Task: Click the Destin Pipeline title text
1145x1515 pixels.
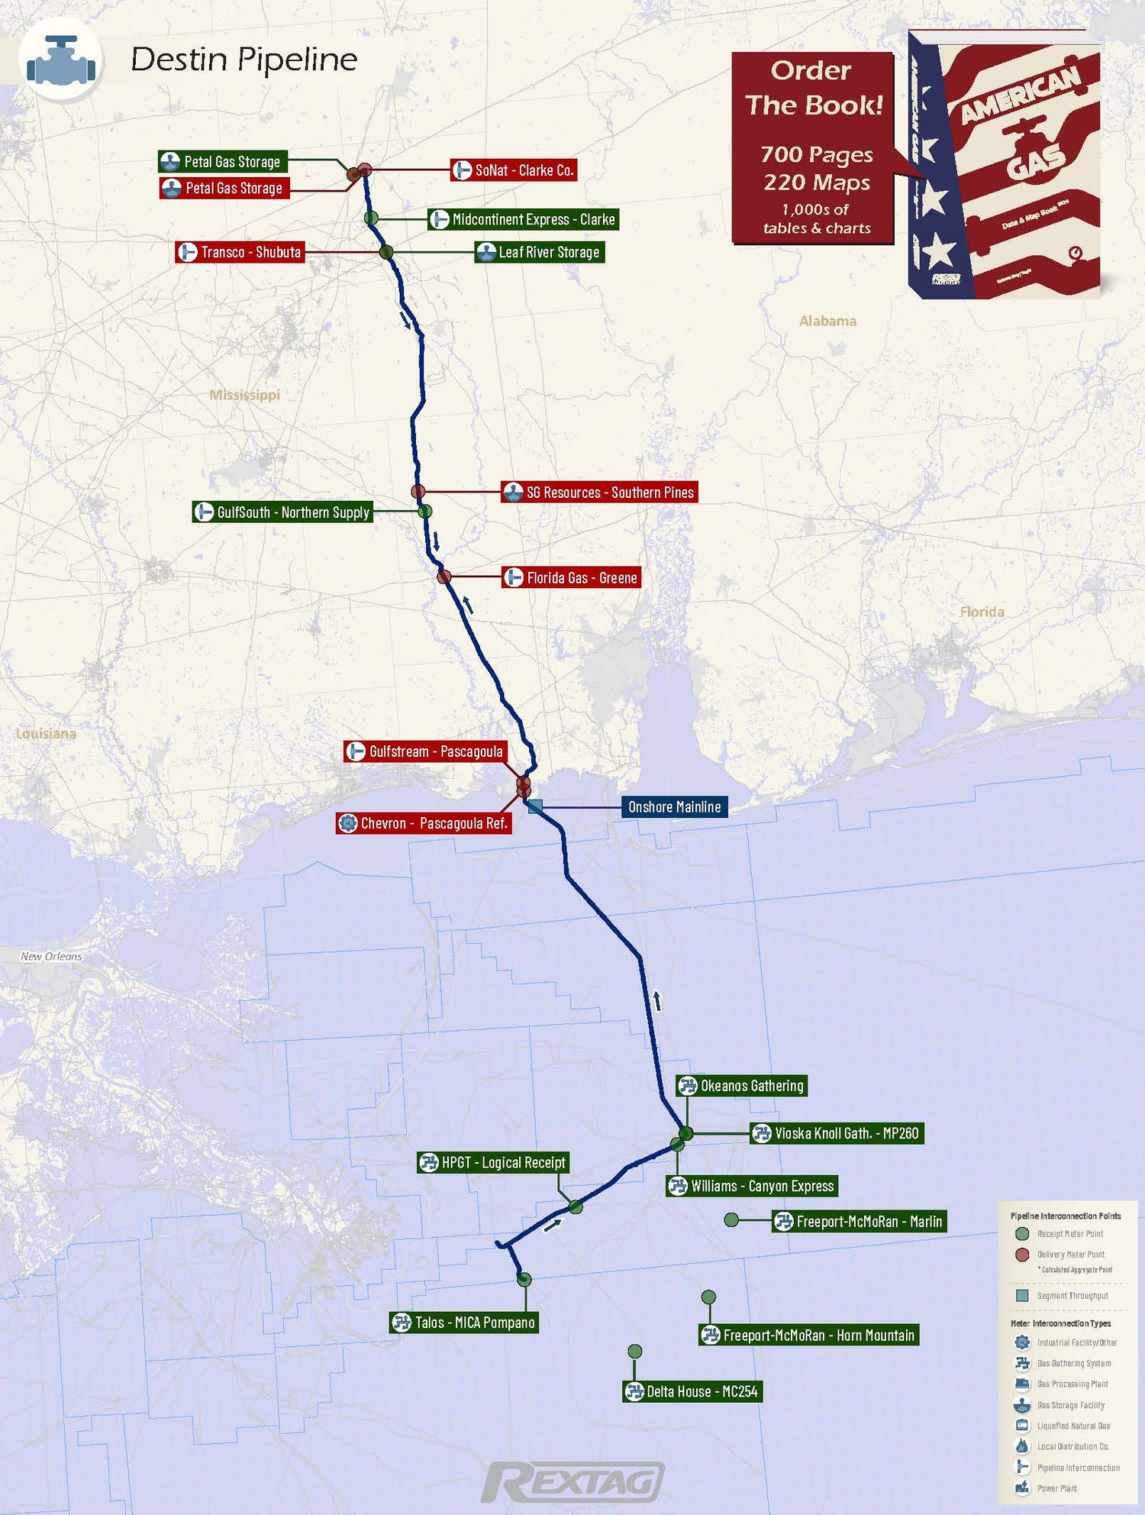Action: click(244, 60)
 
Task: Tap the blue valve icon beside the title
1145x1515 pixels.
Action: click(61, 60)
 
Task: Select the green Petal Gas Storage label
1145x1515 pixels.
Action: click(223, 161)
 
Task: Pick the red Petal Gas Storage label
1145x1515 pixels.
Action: click(224, 188)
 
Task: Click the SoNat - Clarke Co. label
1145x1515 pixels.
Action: click(514, 170)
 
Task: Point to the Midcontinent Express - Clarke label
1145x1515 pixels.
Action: click(523, 219)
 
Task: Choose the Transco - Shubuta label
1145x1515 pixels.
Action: click(240, 252)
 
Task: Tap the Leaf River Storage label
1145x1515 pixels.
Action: click(540, 252)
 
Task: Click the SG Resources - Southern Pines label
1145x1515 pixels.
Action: click(599, 493)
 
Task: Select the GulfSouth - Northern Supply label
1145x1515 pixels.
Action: click(283, 512)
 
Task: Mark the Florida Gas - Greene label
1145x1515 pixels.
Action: click(571, 578)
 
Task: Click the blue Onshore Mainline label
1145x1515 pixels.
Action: click(674, 807)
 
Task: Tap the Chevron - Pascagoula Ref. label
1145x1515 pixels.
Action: click(424, 823)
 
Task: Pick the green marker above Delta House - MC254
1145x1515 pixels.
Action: click(634, 1352)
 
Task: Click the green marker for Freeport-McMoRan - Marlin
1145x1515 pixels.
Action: click(731, 1220)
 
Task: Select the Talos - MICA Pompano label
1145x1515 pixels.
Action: click(464, 1323)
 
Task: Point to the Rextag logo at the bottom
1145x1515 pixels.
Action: click(572, 1482)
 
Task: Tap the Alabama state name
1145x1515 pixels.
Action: click(827, 321)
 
